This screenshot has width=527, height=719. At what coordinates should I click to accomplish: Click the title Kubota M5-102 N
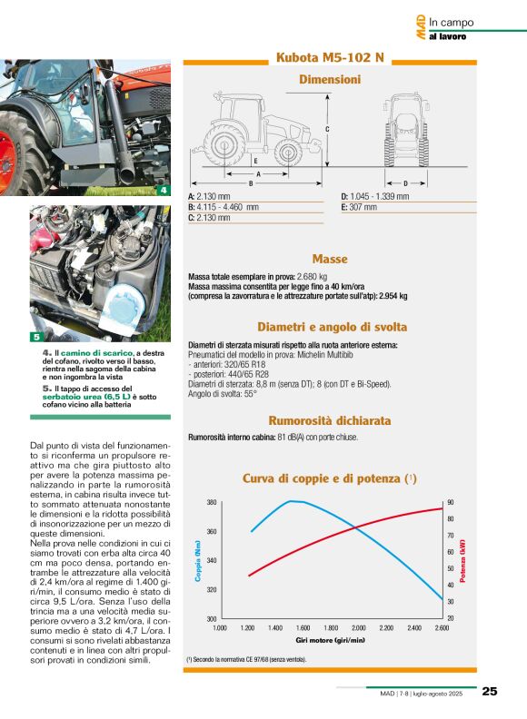tap(330, 58)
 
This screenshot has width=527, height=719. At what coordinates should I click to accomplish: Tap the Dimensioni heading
tap(330, 80)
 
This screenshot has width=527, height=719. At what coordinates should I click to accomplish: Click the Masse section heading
tap(330, 259)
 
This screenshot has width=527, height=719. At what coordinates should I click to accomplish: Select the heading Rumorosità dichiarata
tap(330, 421)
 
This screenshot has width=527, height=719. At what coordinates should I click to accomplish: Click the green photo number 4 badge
tap(163, 191)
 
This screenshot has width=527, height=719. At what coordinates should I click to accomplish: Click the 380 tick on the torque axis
tap(211, 503)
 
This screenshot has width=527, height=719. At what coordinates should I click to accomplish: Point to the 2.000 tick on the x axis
tap(358, 627)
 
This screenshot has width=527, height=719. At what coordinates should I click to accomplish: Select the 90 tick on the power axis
tap(450, 503)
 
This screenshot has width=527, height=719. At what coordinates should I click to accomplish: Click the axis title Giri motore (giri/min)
tap(330, 638)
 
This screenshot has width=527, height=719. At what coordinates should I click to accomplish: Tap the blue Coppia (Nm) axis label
tap(197, 560)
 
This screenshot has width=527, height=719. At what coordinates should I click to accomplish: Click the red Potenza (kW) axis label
tap(462, 560)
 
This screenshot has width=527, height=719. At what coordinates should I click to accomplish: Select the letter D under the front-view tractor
tap(405, 183)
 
